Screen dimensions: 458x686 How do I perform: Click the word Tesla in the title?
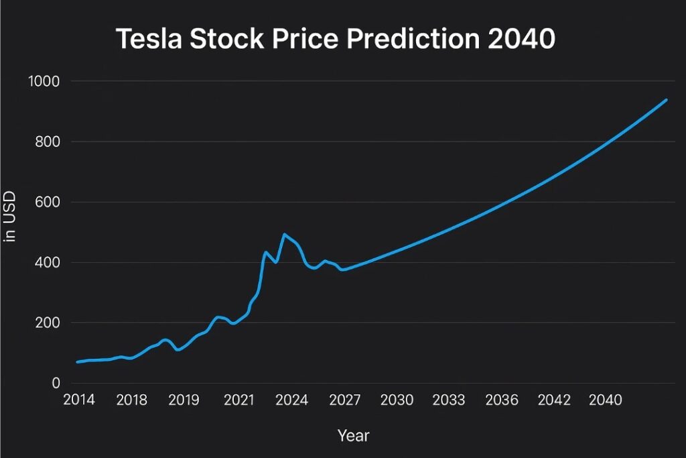coord(148,39)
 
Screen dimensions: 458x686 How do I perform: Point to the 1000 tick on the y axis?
coord(44,82)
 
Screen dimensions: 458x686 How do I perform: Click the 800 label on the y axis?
coord(48,142)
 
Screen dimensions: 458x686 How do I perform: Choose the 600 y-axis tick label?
coord(48,203)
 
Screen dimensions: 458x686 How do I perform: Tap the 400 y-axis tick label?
coord(48,263)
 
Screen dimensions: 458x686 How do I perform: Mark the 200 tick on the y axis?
coord(48,323)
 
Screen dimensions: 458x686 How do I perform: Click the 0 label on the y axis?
coord(56,384)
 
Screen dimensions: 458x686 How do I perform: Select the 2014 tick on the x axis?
coord(78,400)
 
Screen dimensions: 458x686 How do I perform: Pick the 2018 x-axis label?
coord(132,400)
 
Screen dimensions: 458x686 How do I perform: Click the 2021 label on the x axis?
coord(238,400)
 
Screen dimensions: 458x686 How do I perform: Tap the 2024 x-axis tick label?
coord(291,400)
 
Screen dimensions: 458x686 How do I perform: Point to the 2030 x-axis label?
coord(397,400)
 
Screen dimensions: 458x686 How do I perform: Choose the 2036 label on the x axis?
coord(502,400)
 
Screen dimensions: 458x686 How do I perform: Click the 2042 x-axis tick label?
coord(554,400)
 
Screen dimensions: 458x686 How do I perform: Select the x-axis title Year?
coord(353,436)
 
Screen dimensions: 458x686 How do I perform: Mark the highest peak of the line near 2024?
coord(284,234)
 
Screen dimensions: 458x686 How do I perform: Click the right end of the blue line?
coord(667,100)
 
